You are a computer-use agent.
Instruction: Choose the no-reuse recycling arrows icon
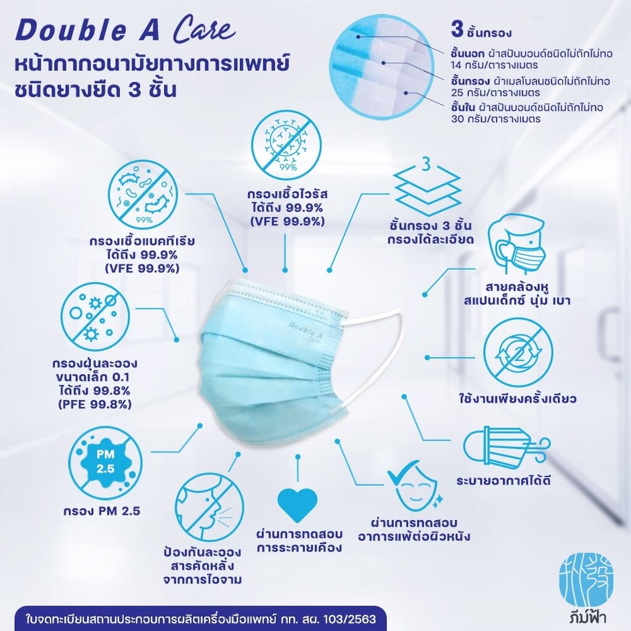518,353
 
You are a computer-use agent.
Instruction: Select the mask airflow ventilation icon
506,447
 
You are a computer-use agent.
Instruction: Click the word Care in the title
203,30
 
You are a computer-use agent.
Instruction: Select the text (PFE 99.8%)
94,404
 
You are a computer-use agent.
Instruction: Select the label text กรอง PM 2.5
102,511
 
